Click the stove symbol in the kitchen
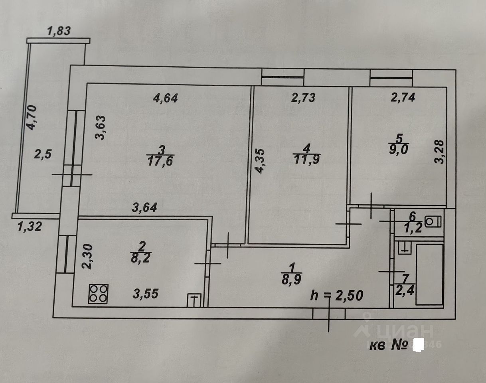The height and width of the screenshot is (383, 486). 99,294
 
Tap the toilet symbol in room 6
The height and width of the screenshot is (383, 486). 433,221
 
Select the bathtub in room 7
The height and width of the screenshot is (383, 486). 429,274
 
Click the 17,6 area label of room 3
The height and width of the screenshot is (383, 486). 160,161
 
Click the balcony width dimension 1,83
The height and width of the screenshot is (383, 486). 59,31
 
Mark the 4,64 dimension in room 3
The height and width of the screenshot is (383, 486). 165,97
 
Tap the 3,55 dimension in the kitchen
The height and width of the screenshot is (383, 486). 145,294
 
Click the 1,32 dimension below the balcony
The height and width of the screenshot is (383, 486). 30,227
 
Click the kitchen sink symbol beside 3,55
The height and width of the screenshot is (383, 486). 194,299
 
